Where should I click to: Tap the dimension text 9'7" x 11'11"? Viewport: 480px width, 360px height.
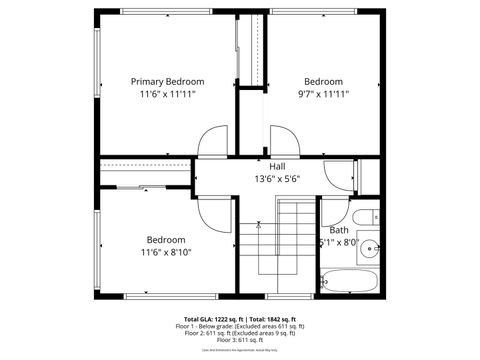pos(322,94)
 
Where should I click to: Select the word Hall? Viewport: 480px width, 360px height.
pos(277,166)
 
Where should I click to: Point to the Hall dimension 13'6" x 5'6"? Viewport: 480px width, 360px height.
pos(276,179)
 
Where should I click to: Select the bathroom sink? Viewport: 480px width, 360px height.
pos(371,246)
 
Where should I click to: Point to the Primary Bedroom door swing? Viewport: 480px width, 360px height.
pos(213,143)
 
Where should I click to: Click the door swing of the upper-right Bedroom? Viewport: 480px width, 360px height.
pos(282,142)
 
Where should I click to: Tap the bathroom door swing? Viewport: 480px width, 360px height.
pos(332,209)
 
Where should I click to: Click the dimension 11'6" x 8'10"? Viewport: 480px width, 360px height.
pos(166,252)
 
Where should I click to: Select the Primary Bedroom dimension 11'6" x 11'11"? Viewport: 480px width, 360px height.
pos(168,94)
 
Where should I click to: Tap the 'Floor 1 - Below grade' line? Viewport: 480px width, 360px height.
pos(239,326)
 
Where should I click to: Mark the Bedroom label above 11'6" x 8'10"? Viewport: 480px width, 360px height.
pos(166,240)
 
